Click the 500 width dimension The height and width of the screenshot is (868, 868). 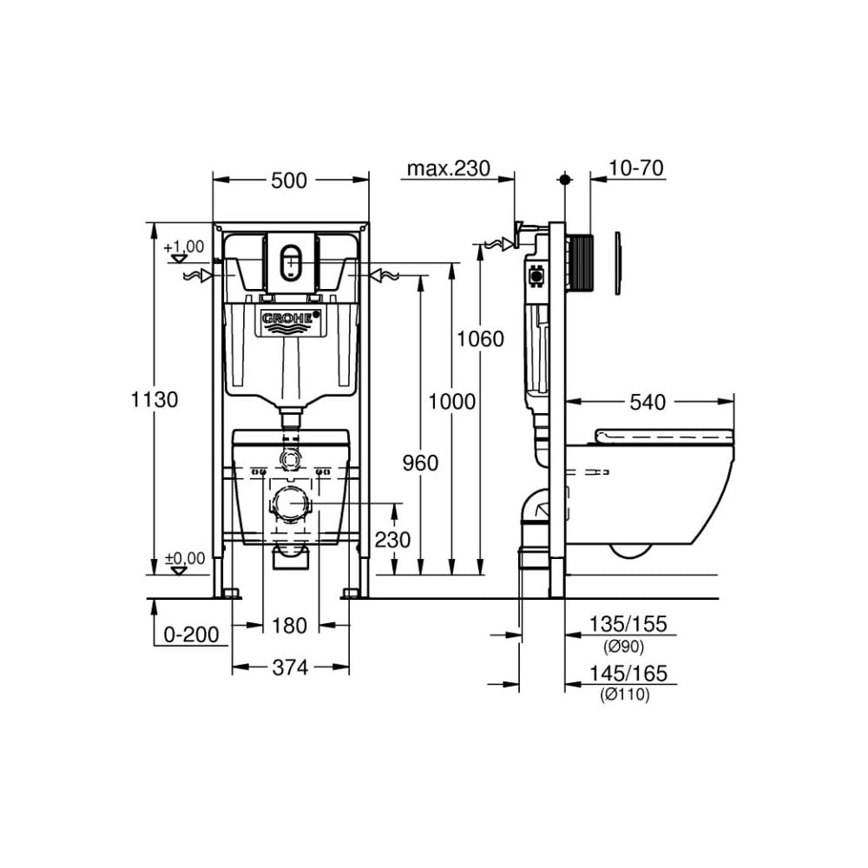coord(289,181)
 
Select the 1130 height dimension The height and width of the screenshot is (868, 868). coord(155,400)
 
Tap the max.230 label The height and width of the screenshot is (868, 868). coord(450,168)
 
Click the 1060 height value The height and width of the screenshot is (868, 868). coord(481,339)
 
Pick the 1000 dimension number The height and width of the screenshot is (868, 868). coord(452,401)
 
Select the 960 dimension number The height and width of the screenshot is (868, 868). coord(420,463)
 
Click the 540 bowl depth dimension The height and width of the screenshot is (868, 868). coord(648,402)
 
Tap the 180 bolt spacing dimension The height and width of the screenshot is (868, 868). coord(290,625)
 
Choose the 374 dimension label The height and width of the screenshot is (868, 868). coord(290,667)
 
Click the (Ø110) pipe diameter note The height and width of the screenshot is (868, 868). coord(624,694)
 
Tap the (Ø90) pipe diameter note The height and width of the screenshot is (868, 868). coord(624,645)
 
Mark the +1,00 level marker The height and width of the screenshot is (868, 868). coord(184,247)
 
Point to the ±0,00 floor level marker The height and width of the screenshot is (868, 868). coord(184,558)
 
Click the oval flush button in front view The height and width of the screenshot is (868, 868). coord(291,260)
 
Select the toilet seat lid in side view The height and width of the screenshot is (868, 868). coord(664,437)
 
